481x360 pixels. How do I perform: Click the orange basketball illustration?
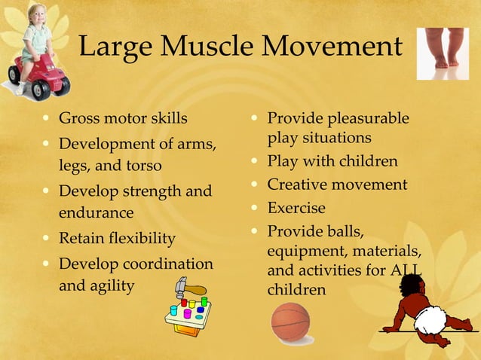[x=290, y=322]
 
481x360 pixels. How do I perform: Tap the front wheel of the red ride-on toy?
[x=40, y=90]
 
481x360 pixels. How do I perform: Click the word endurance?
[x=96, y=213]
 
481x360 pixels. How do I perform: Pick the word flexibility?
[x=140, y=239]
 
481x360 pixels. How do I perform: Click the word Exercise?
[x=296, y=208]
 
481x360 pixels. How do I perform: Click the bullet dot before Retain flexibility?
[x=47, y=239]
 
